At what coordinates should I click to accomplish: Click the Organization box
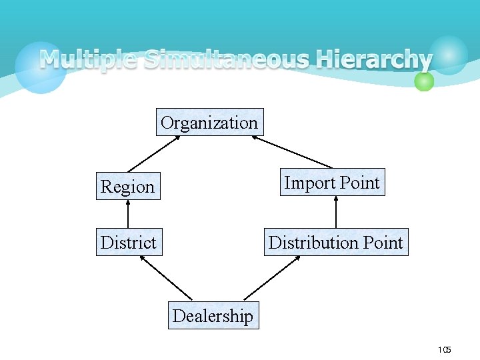coord(209,122)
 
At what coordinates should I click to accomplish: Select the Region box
coord(128,187)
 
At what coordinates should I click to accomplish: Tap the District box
coord(128,243)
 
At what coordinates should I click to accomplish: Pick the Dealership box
coord(213,315)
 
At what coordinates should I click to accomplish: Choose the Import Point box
coord(332,182)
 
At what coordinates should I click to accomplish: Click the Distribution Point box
coord(335,243)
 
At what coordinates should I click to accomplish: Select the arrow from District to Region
coord(128,214)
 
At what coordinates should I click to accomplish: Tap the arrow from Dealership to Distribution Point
coord(272,277)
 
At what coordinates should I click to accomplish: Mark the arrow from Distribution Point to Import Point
coord(335,212)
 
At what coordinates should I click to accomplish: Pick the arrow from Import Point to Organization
coord(292,152)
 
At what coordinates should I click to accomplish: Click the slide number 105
coord(445,350)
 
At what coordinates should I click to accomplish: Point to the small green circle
coord(424,81)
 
